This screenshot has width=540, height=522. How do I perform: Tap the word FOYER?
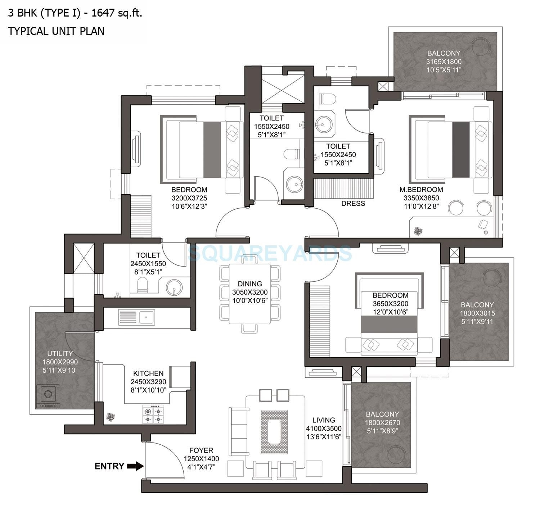[x=201, y=450]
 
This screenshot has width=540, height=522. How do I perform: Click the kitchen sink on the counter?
[x=146, y=317]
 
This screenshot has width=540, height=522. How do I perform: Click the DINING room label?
[x=249, y=284]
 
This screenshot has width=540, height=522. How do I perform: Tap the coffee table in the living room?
[x=274, y=427]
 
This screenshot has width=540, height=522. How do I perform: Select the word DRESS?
[x=353, y=204]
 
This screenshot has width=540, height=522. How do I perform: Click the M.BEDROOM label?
[x=421, y=190]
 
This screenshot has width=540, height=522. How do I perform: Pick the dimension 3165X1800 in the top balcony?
[x=444, y=62]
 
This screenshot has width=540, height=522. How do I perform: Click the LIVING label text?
[x=324, y=420]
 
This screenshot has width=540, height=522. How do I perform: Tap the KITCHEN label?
[x=148, y=373]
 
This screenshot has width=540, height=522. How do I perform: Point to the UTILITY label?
[x=60, y=354]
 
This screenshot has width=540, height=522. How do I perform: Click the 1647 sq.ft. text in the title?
[x=117, y=13]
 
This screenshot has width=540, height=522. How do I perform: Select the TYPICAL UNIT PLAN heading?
[x=56, y=31]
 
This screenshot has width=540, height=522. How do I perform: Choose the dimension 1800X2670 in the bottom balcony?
[x=382, y=423]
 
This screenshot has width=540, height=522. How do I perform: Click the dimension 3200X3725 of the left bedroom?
[x=189, y=198]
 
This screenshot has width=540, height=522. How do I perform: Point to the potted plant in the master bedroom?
[x=418, y=231]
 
